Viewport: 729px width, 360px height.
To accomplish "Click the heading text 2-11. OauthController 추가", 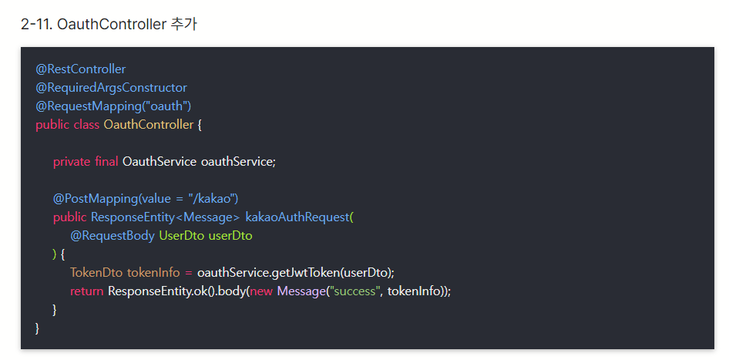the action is pos(109,24).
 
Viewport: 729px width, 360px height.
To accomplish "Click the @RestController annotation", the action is pos(80,69).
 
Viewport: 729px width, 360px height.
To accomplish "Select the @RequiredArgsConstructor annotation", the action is pos(111,88).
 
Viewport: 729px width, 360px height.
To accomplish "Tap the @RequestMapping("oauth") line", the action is pos(113,106).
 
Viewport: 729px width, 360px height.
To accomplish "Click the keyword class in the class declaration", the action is pos(86,125).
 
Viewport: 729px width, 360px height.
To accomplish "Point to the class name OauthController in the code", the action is pos(149,125).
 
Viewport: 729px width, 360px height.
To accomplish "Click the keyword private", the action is pos(72,162).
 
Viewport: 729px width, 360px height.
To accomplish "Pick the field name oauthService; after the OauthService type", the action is pos(238,162).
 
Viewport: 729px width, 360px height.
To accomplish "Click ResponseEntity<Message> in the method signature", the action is pos(165,217).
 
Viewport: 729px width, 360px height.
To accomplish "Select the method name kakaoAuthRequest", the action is pos(297,217).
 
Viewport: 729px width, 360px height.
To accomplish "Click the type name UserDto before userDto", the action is pos(181,236).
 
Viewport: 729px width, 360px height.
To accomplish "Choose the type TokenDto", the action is pos(96,273).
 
